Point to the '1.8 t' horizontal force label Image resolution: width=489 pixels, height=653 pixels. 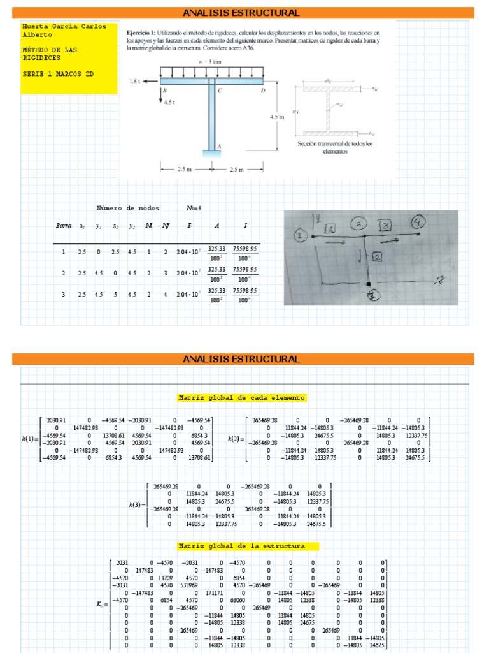[134, 82]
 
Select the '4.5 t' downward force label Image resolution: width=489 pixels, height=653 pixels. [170, 101]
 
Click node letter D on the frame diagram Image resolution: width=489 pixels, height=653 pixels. [262, 91]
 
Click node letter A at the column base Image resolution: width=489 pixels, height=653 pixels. [219, 146]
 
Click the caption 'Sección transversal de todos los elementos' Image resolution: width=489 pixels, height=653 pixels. [336, 148]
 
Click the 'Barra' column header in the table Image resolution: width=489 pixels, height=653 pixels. [63, 226]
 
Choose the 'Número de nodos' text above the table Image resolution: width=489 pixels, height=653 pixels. [128, 208]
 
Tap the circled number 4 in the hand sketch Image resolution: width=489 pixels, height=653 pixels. [418, 222]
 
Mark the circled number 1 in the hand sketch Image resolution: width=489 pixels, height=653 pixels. [300, 236]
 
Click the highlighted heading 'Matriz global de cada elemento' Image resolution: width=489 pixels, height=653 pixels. [242, 398]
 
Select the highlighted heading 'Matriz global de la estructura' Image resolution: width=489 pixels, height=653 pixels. [242, 547]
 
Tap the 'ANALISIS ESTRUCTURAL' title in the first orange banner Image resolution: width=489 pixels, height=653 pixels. [241, 13]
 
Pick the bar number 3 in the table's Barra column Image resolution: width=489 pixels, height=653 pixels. [63, 294]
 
